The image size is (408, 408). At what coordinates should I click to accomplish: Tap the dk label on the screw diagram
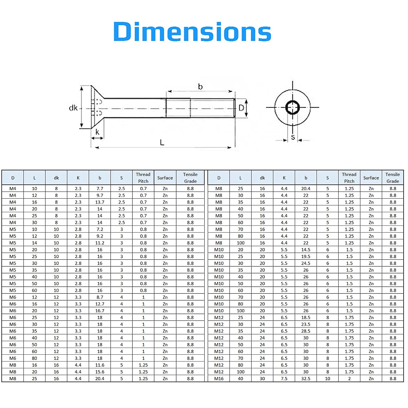[73, 108]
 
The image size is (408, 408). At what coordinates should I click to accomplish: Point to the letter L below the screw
[162, 142]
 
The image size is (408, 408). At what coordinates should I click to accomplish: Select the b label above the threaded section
[200, 86]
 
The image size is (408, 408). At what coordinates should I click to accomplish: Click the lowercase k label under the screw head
[97, 132]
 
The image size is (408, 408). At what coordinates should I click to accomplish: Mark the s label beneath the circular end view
[293, 137]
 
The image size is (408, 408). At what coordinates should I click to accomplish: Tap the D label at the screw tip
[241, 108]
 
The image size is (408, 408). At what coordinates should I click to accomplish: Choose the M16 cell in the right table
[219, 379]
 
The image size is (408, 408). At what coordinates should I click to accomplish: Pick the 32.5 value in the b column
[306, 379]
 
